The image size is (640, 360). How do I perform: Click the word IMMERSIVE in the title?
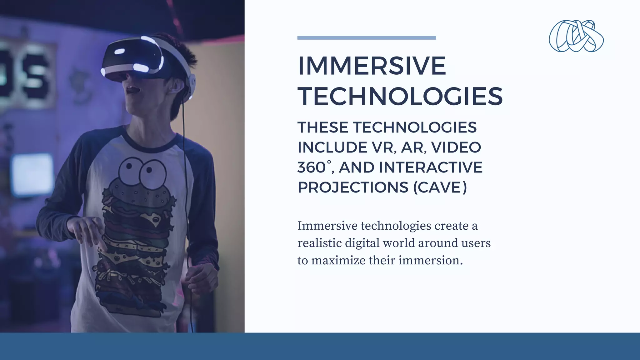coord(372,66)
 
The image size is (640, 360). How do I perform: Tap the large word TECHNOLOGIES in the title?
coord(400,96)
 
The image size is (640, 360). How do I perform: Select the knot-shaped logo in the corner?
coord(576,36)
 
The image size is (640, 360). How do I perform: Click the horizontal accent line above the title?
coord(367,38)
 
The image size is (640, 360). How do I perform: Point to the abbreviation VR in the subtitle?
coord(384,147)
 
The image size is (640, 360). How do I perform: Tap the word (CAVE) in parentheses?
coord(440,187)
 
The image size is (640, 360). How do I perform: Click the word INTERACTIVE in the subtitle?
coord(431,167)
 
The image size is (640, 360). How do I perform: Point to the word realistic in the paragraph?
coord(319,243)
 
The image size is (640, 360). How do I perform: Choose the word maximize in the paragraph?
coord(338,260)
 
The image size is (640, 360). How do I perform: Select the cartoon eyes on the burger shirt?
coord(142,171)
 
